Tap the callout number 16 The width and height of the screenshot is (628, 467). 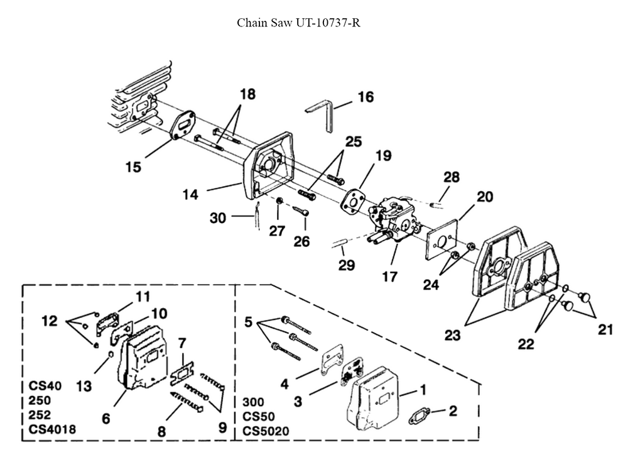click(x=365, y=97)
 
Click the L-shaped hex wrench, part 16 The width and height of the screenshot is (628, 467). click(x=324, y=114)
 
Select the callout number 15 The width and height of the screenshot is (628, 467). click(x=133, y=167)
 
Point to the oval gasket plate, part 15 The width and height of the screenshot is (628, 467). click(x=183, y=129)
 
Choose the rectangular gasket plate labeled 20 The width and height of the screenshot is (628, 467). click(x=447, y=239)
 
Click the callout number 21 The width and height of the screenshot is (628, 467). click(x=605, y=329)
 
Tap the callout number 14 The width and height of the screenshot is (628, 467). click(x=191, y=195)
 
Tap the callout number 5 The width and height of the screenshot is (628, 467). click(x=249, y=322)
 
